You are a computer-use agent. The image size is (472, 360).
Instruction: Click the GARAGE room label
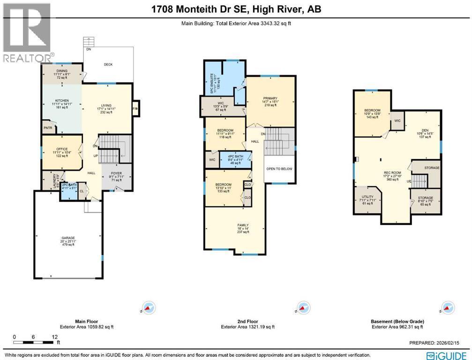(x=68, y=237)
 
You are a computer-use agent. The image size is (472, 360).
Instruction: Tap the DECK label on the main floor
(x=108, y=65)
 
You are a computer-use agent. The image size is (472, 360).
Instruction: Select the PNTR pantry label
(x=48, y=127)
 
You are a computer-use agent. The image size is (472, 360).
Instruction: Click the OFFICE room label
(x=62, y=149)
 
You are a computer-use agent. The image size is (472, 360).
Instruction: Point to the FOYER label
(x=116, y=172)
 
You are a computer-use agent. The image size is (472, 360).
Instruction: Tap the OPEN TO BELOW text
(x=279, y=169)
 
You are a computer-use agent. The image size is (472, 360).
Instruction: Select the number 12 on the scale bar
(x=55, y=337)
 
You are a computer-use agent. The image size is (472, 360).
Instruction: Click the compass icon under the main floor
(x=149, y=308)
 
